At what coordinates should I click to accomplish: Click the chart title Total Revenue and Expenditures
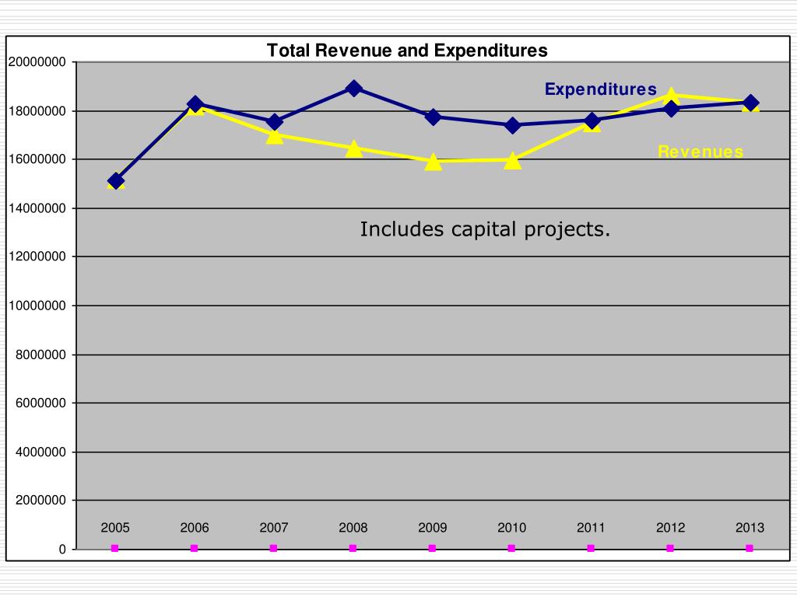407,51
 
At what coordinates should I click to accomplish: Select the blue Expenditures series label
600,89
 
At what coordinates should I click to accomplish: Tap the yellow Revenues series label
700,152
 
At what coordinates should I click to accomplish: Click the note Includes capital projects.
485,229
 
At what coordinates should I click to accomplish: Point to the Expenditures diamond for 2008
353,88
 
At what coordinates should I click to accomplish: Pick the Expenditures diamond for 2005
116,181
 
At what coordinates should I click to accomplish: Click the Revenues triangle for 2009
433,162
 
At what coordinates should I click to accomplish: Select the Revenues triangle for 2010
512,161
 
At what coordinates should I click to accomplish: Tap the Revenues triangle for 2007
274,135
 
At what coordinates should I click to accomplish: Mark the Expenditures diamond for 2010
512,124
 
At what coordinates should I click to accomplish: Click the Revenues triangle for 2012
670,96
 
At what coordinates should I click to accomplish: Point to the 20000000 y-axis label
37,62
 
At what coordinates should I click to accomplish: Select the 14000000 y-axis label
37,208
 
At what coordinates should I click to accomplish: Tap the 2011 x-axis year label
591,528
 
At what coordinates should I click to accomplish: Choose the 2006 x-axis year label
195,528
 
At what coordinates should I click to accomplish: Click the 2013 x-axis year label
750,528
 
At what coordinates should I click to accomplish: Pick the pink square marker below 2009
432,548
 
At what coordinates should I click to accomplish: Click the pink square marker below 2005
115,548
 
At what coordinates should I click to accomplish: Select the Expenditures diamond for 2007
274,122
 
